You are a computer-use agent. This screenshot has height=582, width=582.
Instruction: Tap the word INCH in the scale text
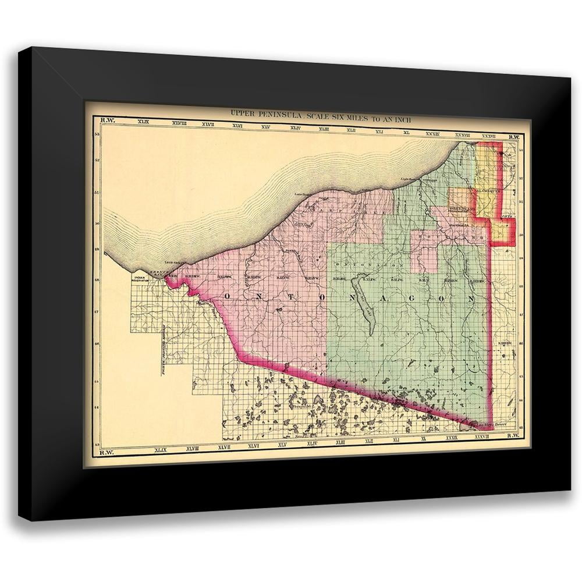(402, 118)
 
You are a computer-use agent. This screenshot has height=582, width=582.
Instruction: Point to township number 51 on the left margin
(97, 193)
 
